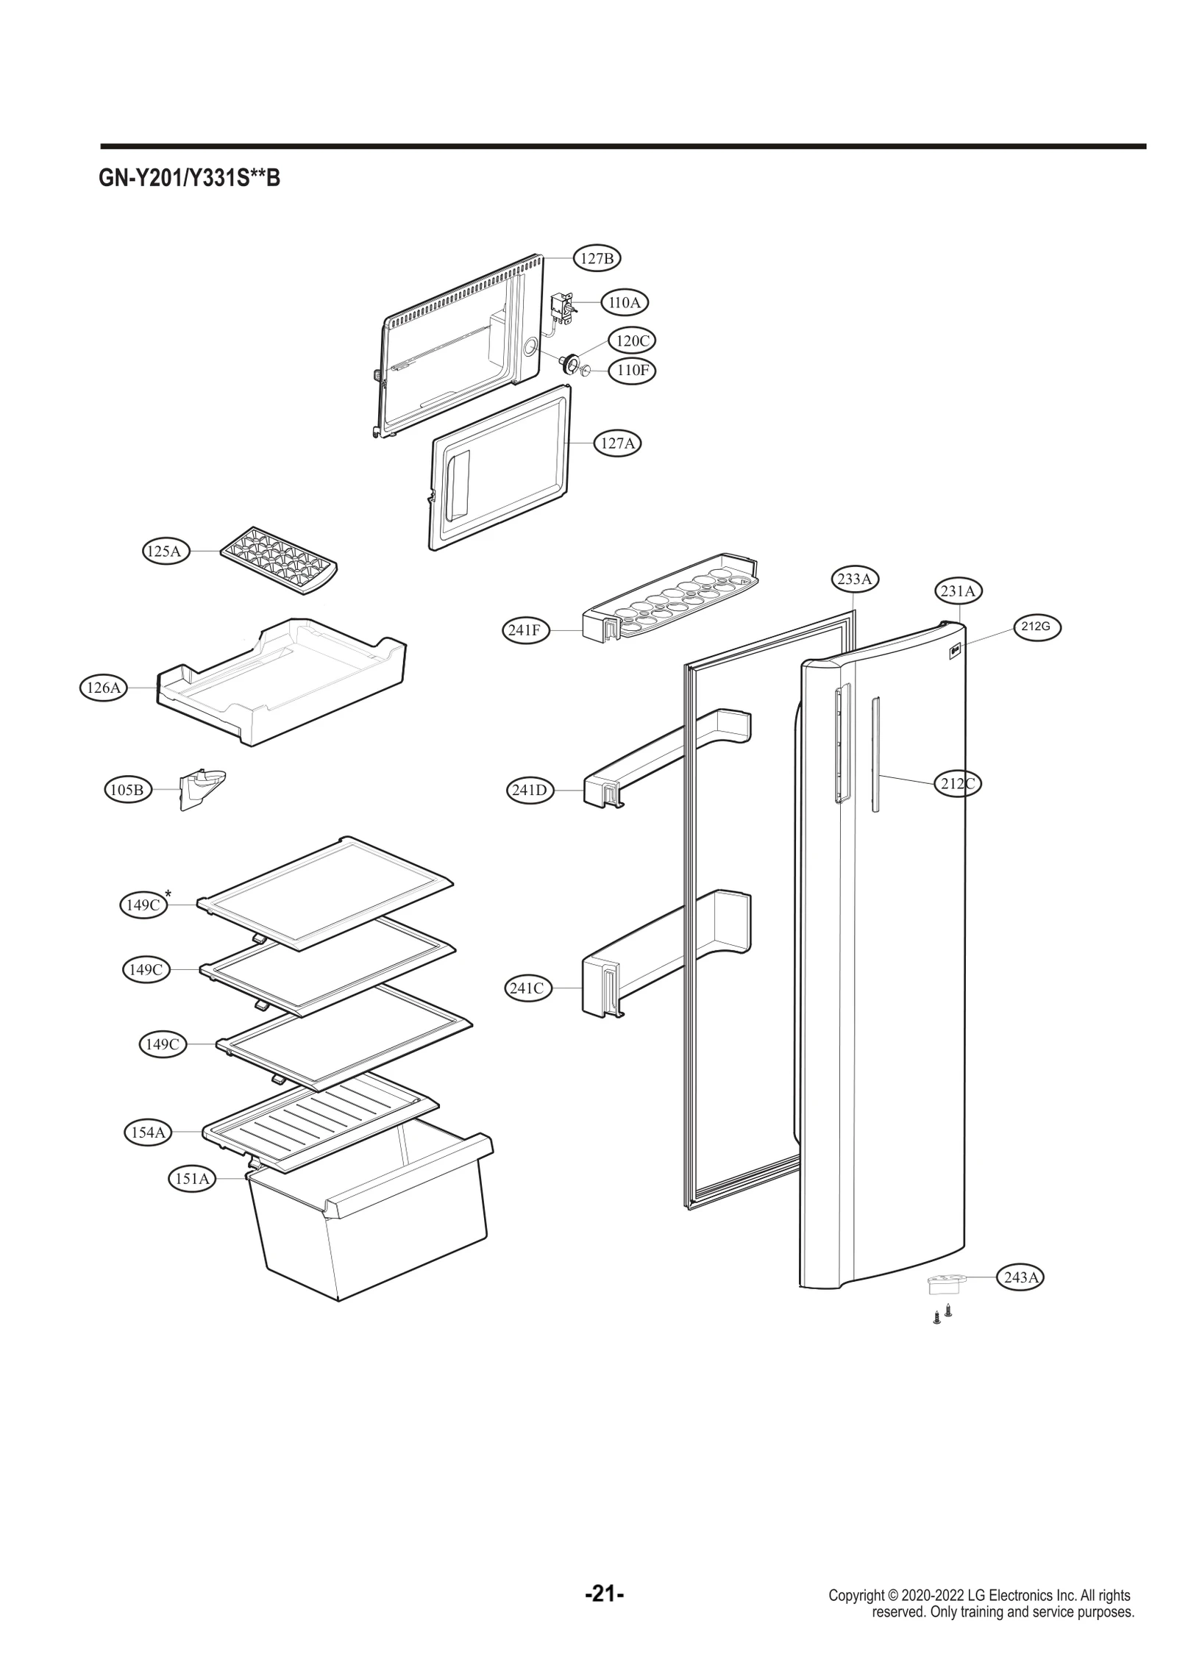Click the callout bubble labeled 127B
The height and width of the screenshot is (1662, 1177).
click(x=597, y=258)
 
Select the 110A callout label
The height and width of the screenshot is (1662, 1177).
click(x=625, y=302)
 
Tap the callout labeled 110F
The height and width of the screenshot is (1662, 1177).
click(x=632, y=370)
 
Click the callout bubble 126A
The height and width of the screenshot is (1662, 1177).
click(x=103, y=688)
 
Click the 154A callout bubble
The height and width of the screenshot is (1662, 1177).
click(x=148, y=1133)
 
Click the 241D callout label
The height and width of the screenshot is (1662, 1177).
click(x=529, y=791)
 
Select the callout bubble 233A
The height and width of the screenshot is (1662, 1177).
click(x=854, y=579)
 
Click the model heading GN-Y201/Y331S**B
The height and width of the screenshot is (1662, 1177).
click(x=190, y=178)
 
